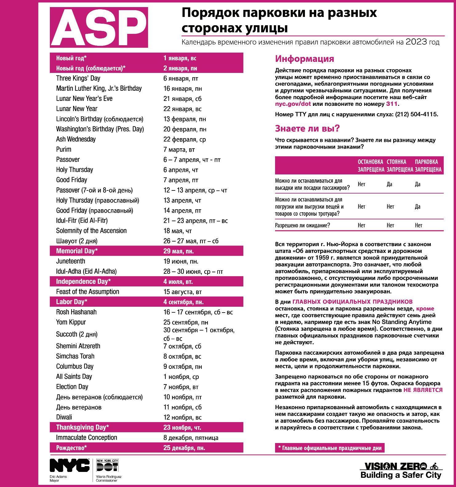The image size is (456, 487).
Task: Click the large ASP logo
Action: point(99,27)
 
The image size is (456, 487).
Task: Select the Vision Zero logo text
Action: point(395,466)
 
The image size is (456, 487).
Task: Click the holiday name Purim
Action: point(64,150)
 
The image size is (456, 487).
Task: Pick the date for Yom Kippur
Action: point(186,322)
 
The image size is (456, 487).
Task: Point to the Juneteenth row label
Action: point(70,261)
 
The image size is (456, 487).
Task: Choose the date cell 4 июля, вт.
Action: point(178,282)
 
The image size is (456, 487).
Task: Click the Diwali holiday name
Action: point(64,417)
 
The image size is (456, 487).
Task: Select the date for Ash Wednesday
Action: point(185,139)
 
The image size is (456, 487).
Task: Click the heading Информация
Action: point(304,59)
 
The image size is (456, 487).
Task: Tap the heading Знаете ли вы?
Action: point(307,128)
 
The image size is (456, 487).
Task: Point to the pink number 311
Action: point(390,104)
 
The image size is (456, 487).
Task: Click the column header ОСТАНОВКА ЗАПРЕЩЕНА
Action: point(370,166)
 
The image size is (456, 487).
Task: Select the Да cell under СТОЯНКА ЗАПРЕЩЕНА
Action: point(389,184)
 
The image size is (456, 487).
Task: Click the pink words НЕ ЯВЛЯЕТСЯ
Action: point(423,390)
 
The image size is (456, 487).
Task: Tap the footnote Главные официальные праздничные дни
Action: point(330,448)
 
